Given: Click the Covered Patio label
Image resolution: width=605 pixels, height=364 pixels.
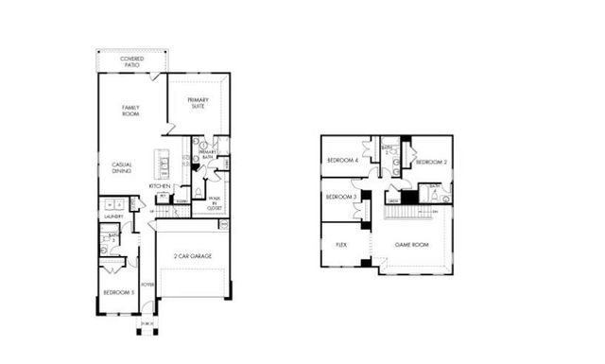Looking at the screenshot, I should pos(131,61).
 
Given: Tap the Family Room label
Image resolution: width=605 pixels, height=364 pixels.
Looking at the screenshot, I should pos(131,110).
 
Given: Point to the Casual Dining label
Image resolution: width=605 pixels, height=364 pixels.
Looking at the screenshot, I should pos(122,167).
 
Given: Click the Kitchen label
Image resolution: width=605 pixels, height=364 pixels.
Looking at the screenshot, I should pos(159,186).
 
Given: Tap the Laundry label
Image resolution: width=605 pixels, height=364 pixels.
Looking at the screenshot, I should pos(113,217).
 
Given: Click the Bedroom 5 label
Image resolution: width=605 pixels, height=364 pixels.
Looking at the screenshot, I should pos(118,293).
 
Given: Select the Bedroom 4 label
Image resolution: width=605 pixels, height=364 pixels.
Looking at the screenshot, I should pos(341,161).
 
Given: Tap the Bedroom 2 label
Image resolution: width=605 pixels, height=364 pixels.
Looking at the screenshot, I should pos(430,162).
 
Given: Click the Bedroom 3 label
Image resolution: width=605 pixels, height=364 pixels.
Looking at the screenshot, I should pos(340,197).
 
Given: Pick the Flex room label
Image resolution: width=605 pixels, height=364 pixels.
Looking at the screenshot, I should pos(341,244).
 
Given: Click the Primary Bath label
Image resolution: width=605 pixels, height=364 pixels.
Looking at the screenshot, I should pos(207,154).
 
